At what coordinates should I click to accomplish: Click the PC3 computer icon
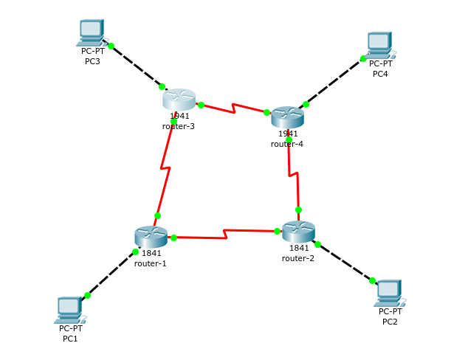coord(92,32)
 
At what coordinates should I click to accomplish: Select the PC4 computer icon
coord(379,45)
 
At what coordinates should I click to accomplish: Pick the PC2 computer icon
coord(389,293)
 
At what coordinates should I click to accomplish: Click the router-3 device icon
coord(179,99)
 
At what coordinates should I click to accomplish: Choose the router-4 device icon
coord(287,117)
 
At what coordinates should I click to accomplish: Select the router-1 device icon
coord(151,236)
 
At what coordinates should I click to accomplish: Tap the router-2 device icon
coord(298,231)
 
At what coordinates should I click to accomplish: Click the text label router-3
coord(179,126)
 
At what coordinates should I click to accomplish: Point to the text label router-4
coord(287,144)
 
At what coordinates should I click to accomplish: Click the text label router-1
coord(151,263)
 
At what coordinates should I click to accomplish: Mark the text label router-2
coord(298,258)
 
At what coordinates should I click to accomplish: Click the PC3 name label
coord(92,61)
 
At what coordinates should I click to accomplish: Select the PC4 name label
coord(380,74)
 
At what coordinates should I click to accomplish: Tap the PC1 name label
coord(70,339)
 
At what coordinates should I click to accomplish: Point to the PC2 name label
coord(390,322)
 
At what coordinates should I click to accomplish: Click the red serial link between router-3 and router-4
coord(233,108)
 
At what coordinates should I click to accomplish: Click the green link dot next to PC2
coord(372,280)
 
